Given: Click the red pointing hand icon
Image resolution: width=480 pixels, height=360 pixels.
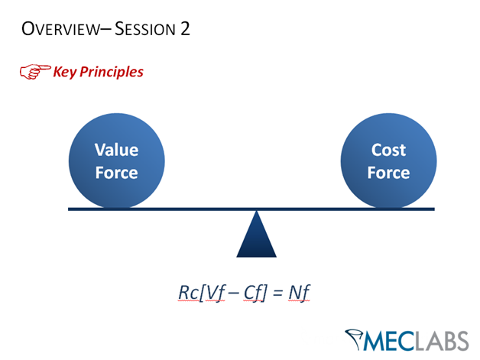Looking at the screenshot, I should point(34,73).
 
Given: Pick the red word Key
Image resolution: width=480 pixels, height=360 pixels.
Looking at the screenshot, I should point(64,73).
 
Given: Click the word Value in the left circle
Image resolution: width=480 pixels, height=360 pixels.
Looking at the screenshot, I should point(116,150).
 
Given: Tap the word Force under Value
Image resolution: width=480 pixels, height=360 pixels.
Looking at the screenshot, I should point(116,173).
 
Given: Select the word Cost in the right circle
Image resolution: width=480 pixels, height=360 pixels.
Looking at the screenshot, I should point(388,150).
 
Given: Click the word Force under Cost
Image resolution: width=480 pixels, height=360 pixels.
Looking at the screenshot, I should point(388,173).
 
